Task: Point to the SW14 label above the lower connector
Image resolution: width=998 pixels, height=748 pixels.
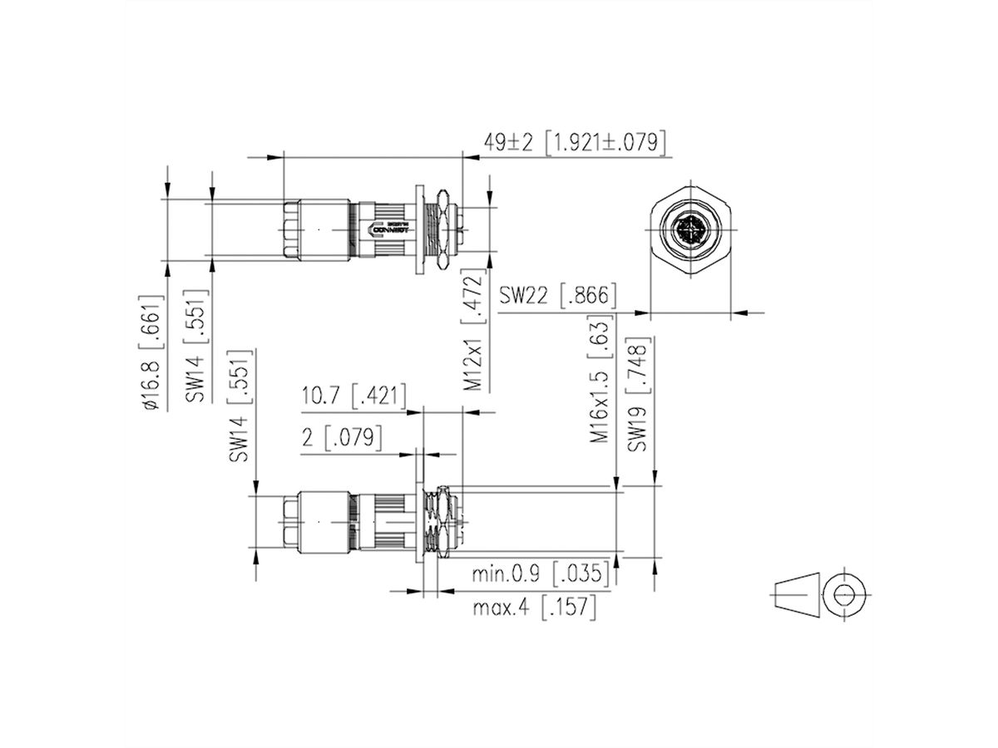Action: point(240,405)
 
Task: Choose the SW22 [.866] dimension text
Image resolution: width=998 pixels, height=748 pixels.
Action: point(557,296)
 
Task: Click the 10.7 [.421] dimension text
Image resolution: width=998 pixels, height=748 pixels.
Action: point(353,396)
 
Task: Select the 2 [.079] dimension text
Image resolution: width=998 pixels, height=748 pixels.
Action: point(341,438)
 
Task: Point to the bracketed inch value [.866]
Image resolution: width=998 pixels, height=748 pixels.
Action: point(588,296)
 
